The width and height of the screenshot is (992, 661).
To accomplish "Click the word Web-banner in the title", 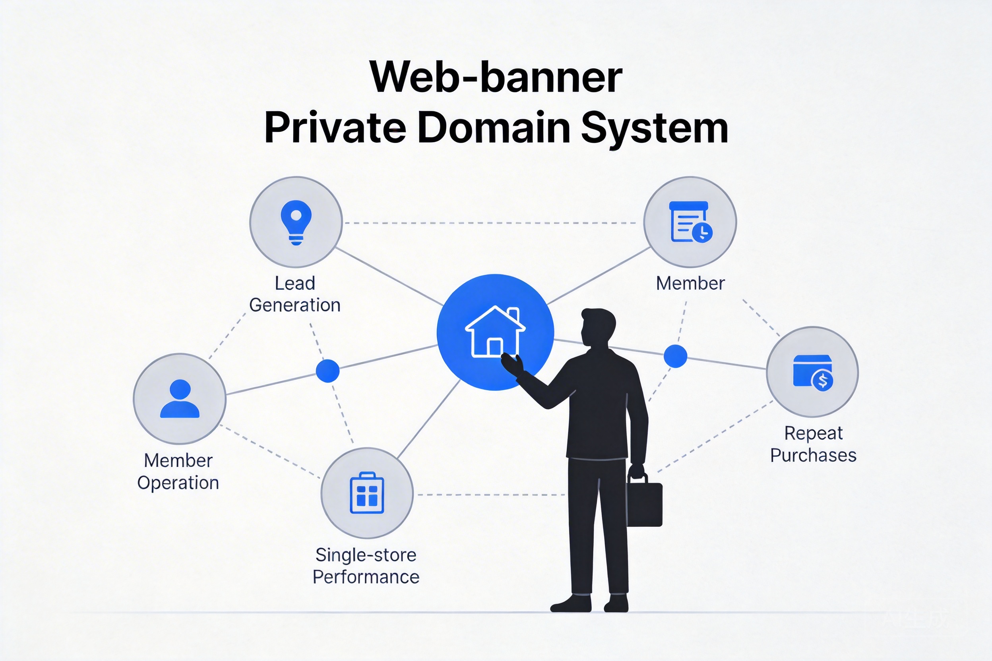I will click(496, 78).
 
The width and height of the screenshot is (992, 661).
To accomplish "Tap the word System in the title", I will click(654, 129).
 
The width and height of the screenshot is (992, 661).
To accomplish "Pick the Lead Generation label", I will click(295, 294).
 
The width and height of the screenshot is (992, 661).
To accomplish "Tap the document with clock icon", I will click(690, 222).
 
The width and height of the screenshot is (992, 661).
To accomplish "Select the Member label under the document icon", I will click(690, 283).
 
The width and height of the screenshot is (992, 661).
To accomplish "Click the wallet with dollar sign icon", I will click(813, 373).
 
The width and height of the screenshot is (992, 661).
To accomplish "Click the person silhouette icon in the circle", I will click(180, 399).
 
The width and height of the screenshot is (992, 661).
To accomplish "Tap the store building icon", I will click(367, 493).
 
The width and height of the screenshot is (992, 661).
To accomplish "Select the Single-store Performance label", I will click(366, 566).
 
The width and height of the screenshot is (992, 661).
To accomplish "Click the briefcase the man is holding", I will click(644, 504).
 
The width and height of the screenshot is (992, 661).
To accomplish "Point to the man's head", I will click(598, 327).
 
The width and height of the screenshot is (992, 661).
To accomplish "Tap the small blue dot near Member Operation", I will click(328, 371).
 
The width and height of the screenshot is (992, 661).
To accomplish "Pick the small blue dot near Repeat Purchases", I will click(675, 356).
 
